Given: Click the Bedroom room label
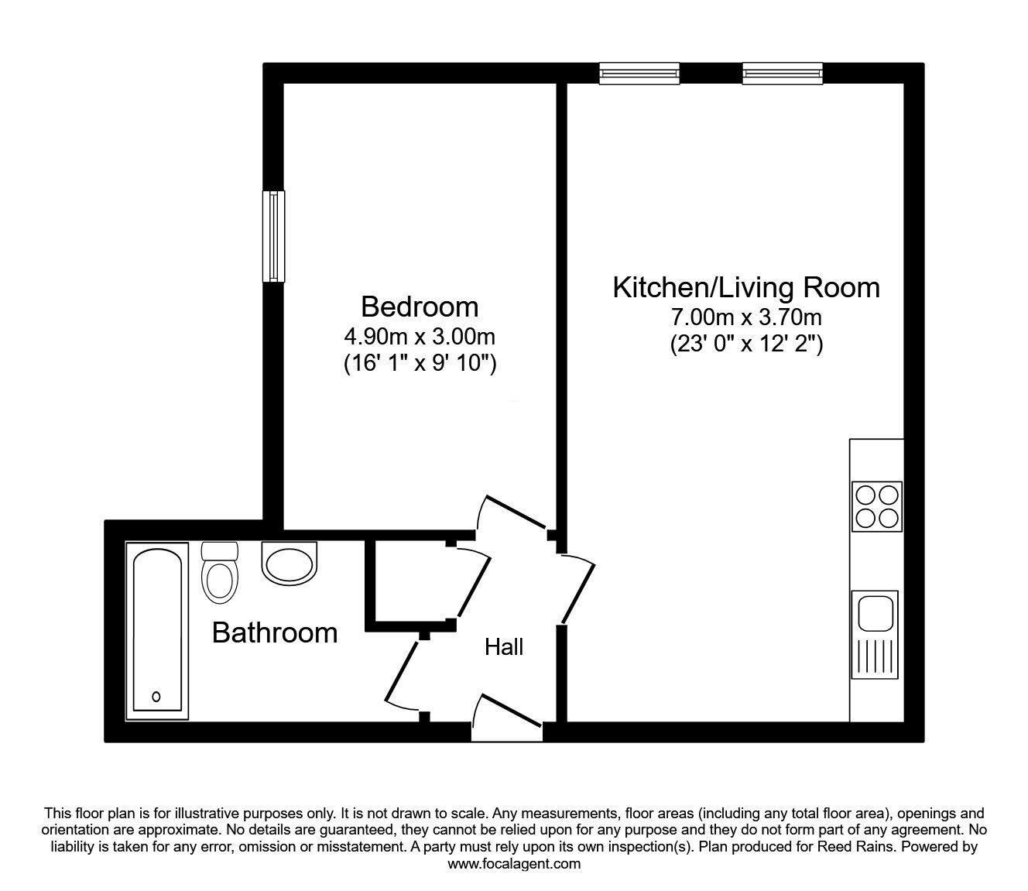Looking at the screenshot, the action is click(x=420, y=307).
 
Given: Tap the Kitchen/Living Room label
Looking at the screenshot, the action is click(x=746, y=287).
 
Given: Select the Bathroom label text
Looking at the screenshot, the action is click(x=275, y=632).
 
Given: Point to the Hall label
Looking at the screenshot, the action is click(x=504, y=647).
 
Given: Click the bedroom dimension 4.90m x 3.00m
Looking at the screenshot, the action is click(x=420, y=337).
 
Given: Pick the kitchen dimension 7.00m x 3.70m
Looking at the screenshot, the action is click(x=746, y=317).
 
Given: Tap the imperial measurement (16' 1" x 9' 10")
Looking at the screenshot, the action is click(x=420, y=364).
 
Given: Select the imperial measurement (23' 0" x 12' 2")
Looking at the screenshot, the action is click(x=746, y=344).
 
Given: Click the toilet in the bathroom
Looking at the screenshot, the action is click(x=219, y=572).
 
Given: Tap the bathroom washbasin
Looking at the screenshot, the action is click(x=289, y=562).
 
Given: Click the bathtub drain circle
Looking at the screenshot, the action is click(x=156, y=697).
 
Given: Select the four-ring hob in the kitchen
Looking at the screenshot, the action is click(x=876, y=506).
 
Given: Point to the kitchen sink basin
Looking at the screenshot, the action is click(x=875, y=613).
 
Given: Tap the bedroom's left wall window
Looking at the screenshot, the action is click(x=273, y=236).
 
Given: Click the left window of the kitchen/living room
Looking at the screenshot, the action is click(x=639, y=74).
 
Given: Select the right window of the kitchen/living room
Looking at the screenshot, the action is click(x=783, y=74).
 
